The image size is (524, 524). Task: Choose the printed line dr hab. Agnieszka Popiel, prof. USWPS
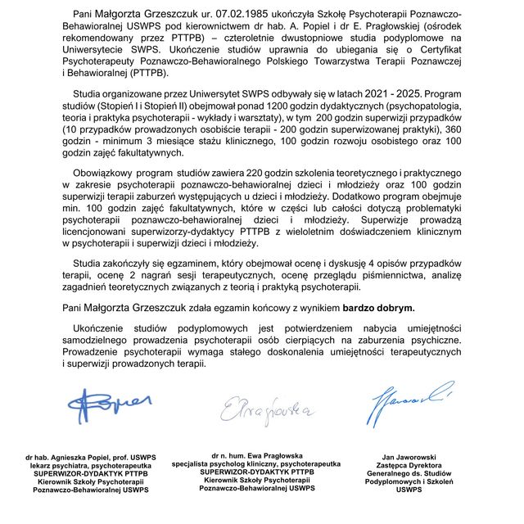pyautogui.click(x=90, y=456)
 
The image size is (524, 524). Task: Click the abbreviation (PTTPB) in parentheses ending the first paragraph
pyautogui.click(x=147, y=74)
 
